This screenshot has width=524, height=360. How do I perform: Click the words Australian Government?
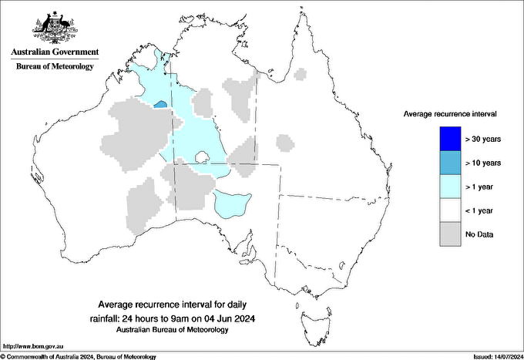tap(54, 53)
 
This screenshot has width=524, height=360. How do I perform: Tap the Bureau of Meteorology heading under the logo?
tap(54, 67)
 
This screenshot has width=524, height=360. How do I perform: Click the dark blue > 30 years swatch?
tap(450, 139)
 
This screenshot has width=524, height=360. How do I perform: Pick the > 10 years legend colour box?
tap(450, 163)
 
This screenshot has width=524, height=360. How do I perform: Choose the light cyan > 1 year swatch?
tap(450, 187)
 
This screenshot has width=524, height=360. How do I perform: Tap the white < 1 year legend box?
tap(450, 210)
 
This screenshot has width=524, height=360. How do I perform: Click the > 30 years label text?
tap(483, 140)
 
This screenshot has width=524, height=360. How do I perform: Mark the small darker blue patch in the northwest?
tap(161, 104)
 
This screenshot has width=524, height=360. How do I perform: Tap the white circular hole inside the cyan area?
tap(203, 158)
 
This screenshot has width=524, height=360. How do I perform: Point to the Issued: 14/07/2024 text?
tap(493, 356)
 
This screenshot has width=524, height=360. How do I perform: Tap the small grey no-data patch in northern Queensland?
tap(301, 74)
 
